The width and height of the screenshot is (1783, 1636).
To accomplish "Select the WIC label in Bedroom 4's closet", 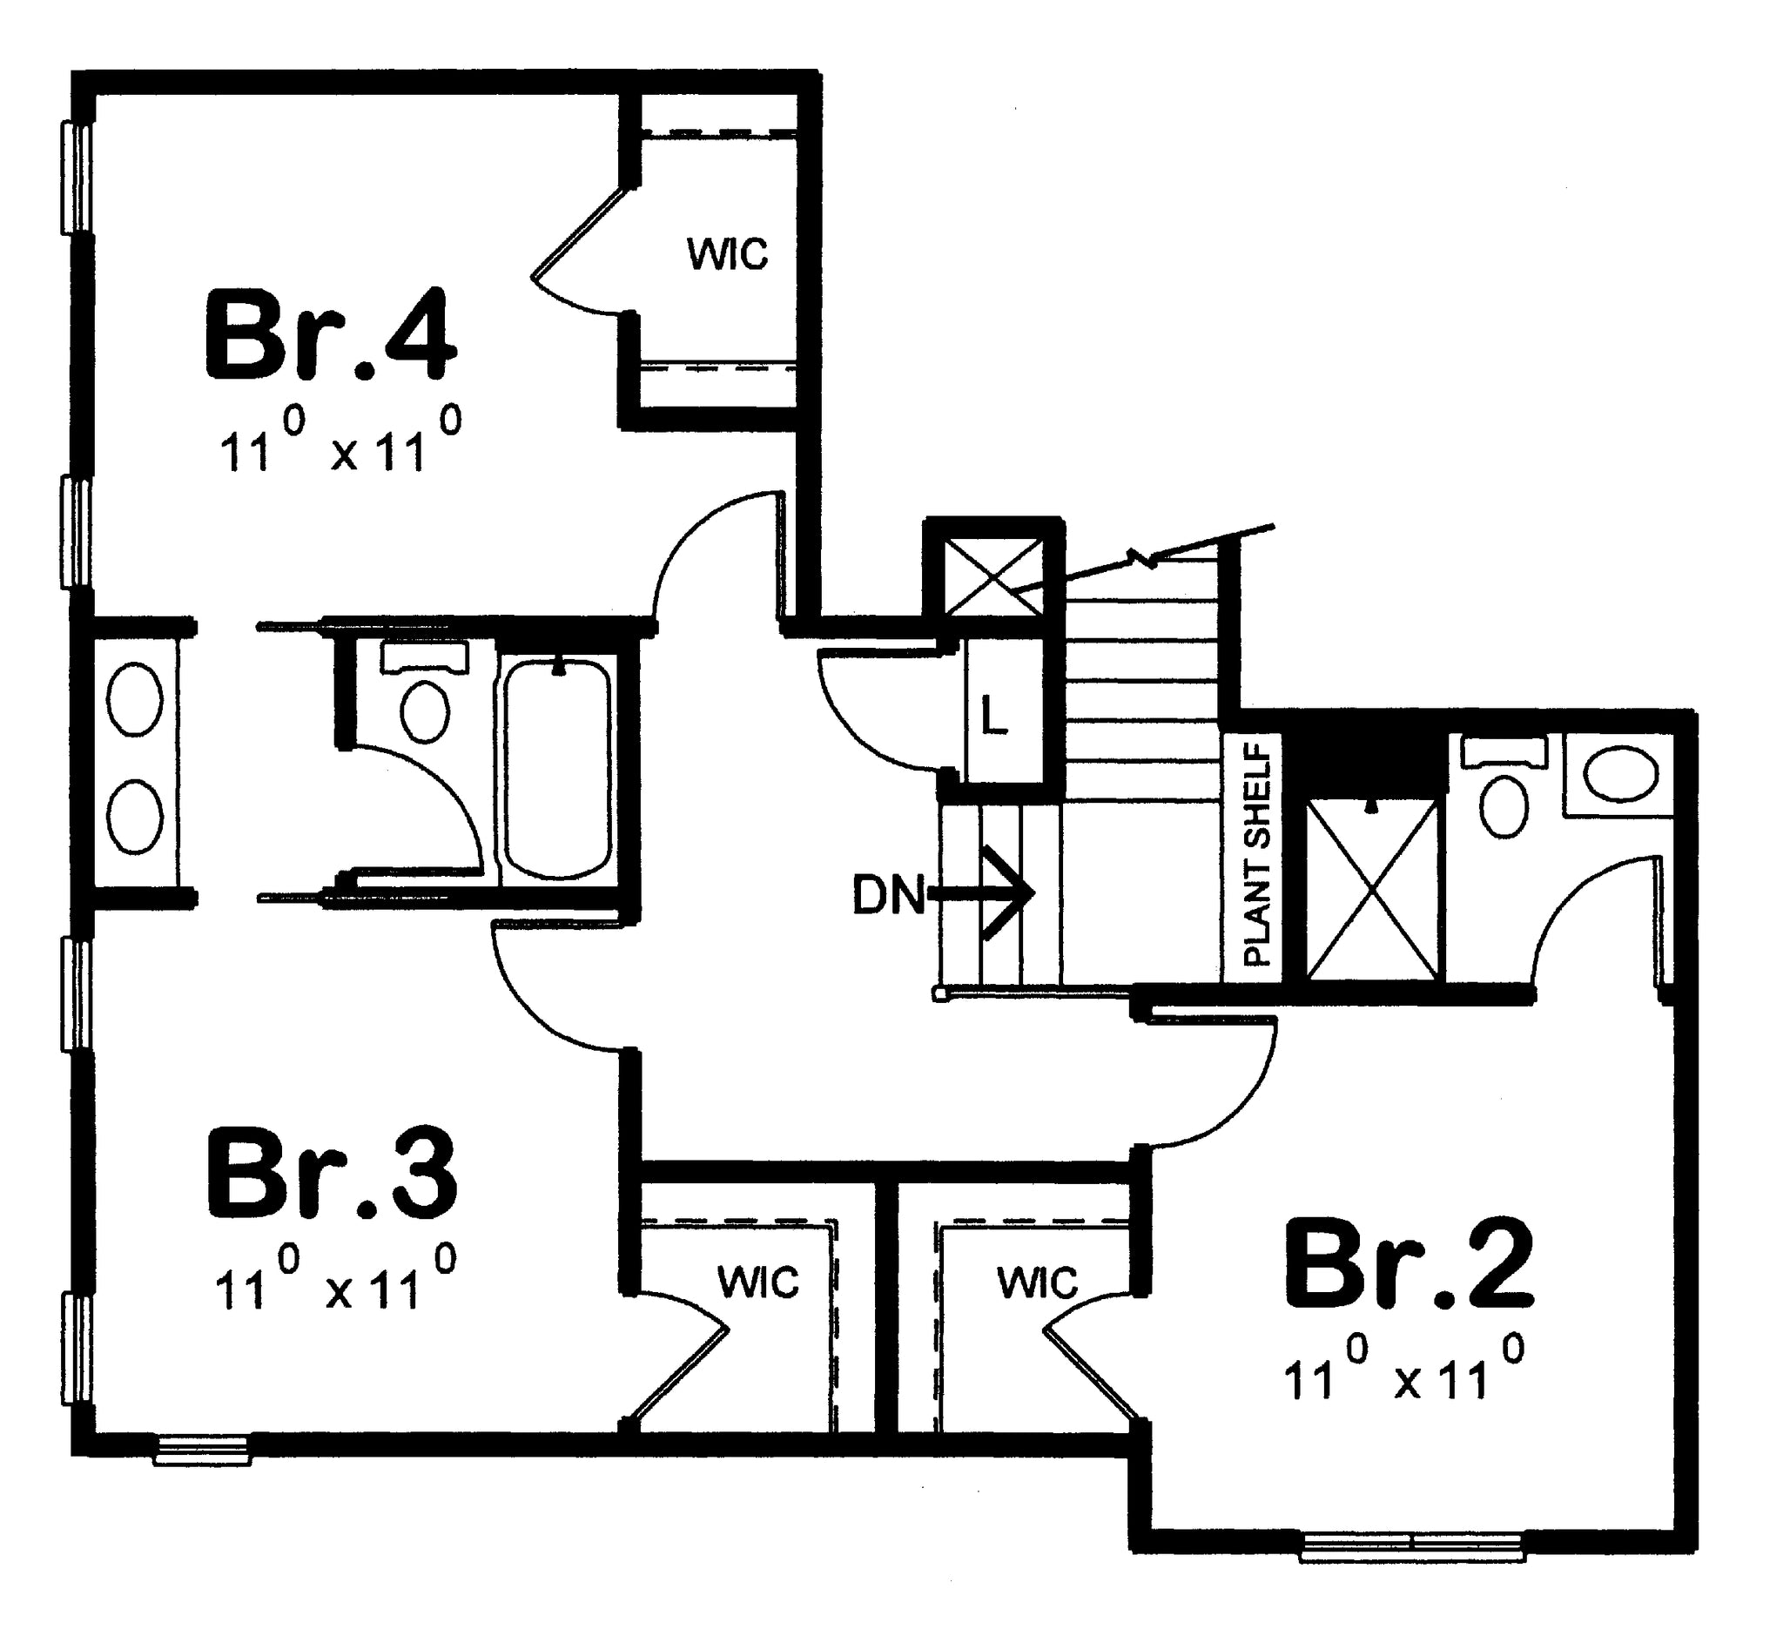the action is pos(728,255).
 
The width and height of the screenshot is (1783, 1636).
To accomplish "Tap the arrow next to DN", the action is pos(981,892).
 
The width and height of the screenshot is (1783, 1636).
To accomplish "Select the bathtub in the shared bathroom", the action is pos(557,770).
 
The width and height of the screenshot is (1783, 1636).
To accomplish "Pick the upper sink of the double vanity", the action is pos(135,698).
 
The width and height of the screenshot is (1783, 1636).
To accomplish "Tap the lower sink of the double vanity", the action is pos(135,815).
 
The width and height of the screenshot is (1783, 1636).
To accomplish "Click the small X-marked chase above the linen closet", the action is pos(993,576).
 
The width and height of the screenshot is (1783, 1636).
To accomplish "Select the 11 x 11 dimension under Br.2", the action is pos(1404,1371).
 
